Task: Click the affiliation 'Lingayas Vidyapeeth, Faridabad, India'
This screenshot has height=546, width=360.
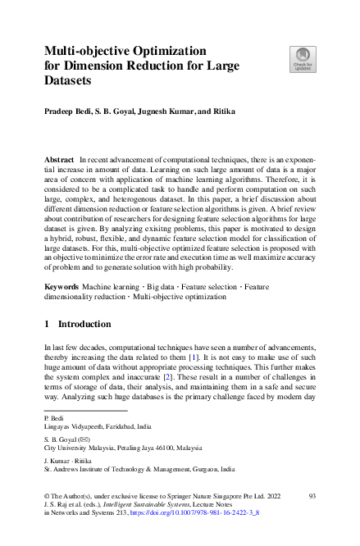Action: click(97, 427)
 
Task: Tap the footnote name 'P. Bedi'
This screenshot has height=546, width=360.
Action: click(52, 418)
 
